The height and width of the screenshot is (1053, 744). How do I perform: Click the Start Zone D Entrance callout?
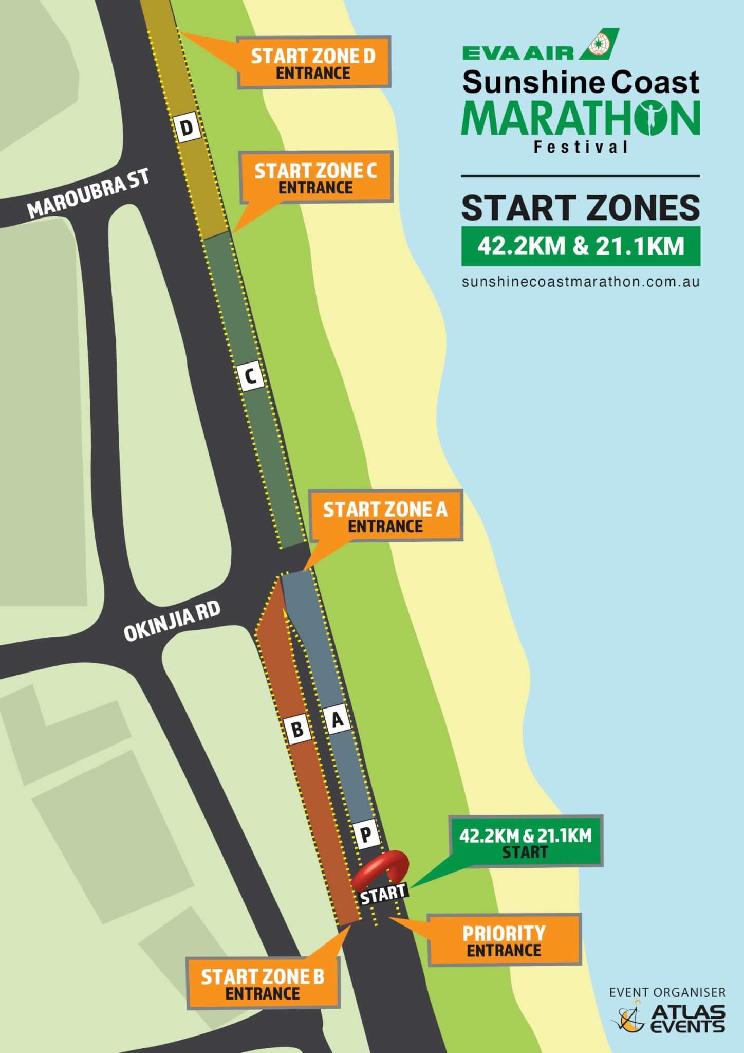pyautogui.click(x=313, y=63)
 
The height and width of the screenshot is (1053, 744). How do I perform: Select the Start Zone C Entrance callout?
pyautogui.click(x=316, y=177)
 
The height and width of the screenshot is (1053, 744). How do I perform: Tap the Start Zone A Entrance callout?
pyautogui.click(x=385, y=516)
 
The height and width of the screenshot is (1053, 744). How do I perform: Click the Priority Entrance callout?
pyautogui.click(x=504, y=939)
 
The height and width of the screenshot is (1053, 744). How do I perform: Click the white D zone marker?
pyautogui.click(x=188, y=128)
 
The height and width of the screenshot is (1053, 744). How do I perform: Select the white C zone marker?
pyautogui.click(x=251, y=376)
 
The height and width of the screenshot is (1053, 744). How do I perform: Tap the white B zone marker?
pyautogui.click(x=297, y=729)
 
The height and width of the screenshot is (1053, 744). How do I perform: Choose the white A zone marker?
pyautogui.click(x=337, y=719)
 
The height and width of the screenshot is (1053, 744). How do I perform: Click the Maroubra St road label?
pyautogui.click(x=88, y=193)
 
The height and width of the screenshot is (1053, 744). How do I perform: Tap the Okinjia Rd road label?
pyautogui.click(x=172, y=622)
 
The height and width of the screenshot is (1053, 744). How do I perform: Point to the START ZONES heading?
pyautogui.click(x=581, y=208)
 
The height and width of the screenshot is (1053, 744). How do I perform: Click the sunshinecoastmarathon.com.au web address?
pyautogui.click(x=581, y=282)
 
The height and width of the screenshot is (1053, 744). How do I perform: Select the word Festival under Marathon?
pyautogui.click(x=581, y=148)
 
